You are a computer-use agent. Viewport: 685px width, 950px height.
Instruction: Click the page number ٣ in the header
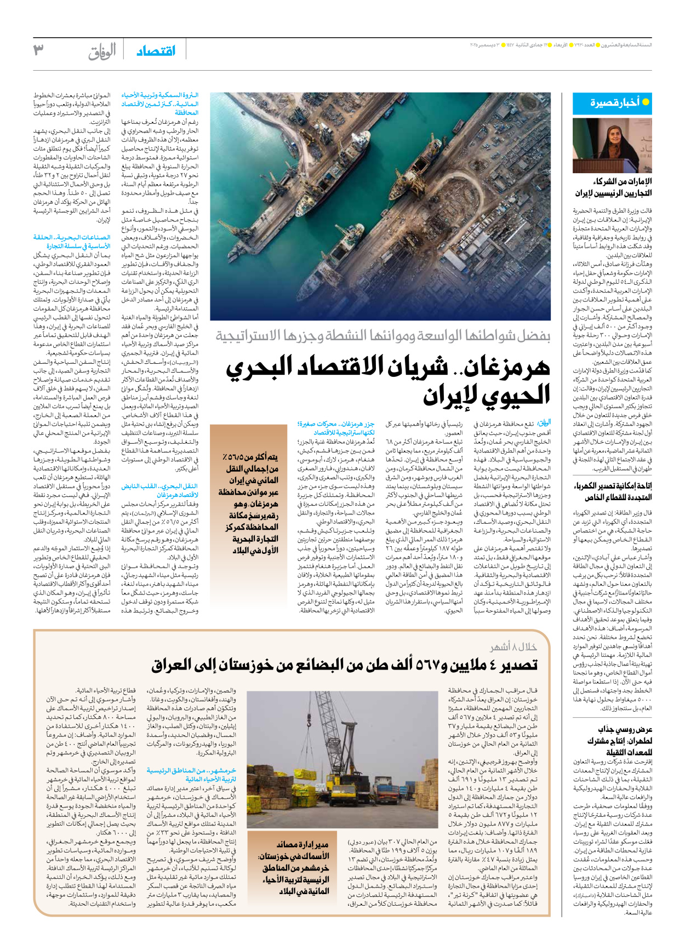38,50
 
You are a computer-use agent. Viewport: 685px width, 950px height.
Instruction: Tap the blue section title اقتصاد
156,51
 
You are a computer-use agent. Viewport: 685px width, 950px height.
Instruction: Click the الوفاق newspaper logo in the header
102,51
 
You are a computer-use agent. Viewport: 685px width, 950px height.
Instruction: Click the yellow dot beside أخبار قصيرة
646,102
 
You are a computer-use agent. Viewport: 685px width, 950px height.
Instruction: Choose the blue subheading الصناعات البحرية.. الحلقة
72,238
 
